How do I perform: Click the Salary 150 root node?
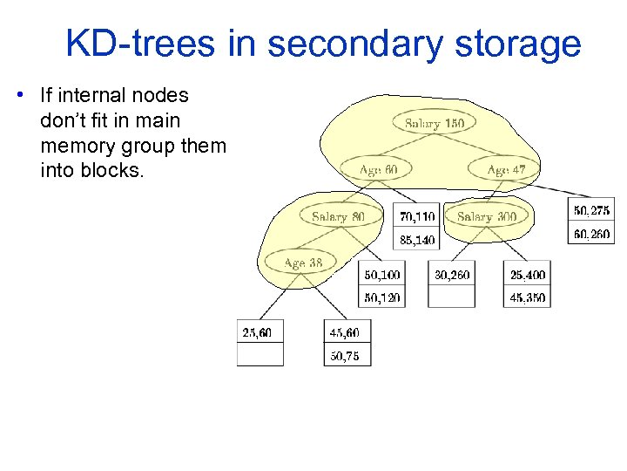[x=434, y=124]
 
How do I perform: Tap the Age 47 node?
[x=505, y=169]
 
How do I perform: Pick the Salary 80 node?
[x=338, y=216]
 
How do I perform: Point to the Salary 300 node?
[x=486, y=216]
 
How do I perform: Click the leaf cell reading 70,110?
[x=418, y=216]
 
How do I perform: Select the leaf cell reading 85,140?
[x=418, y=239]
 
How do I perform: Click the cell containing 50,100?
[x=382, y=275]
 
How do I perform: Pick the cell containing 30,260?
[x=452, y=275]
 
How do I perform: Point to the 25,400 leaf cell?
[x=527, y=275]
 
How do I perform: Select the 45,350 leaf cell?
[x=527, y=297]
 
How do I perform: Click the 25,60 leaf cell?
[x=260, y=332]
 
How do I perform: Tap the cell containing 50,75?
[x=347, y=355]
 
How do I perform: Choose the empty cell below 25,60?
[x=260, y=355]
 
